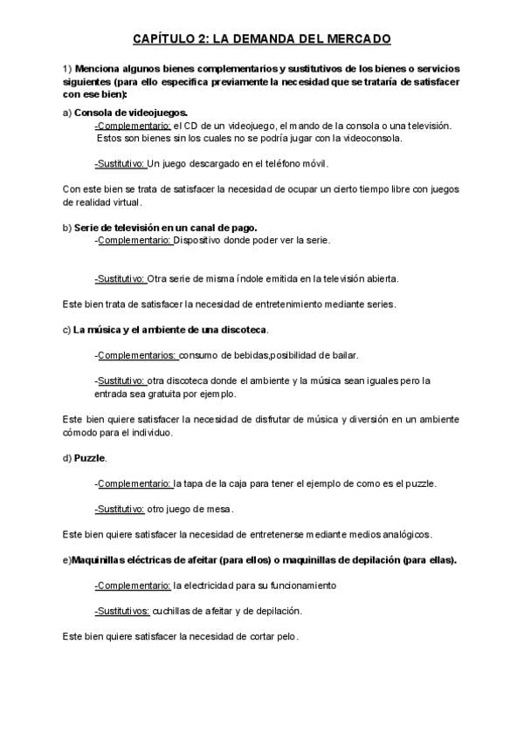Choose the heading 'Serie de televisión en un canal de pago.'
coord(166,228)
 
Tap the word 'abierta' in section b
coord(380,279)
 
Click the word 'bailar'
coord(342,355)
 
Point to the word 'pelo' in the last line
coord(285,636)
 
